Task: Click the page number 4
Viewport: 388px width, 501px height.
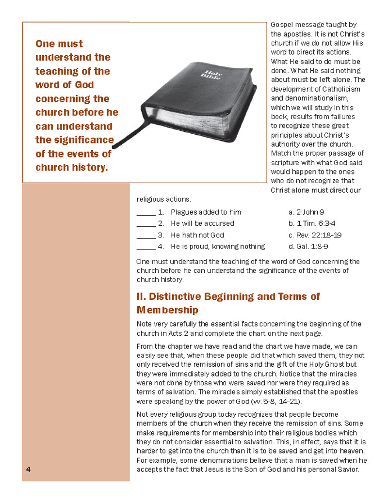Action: click(29, 470)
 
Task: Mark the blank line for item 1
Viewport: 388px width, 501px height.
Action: click(145, 214)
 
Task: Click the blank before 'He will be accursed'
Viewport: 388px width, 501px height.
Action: click(145, 225)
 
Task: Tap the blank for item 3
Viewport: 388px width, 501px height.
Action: click(145, 236)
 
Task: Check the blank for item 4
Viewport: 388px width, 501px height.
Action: click(145, 248)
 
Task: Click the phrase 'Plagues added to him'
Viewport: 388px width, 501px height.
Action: click(206, 212)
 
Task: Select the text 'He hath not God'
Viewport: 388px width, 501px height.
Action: click(197, 235)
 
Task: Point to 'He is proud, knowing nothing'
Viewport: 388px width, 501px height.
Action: click(218, 246)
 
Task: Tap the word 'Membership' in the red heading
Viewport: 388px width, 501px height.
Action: click(167, 310)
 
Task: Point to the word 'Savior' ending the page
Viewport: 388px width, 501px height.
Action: click(347, 469)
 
